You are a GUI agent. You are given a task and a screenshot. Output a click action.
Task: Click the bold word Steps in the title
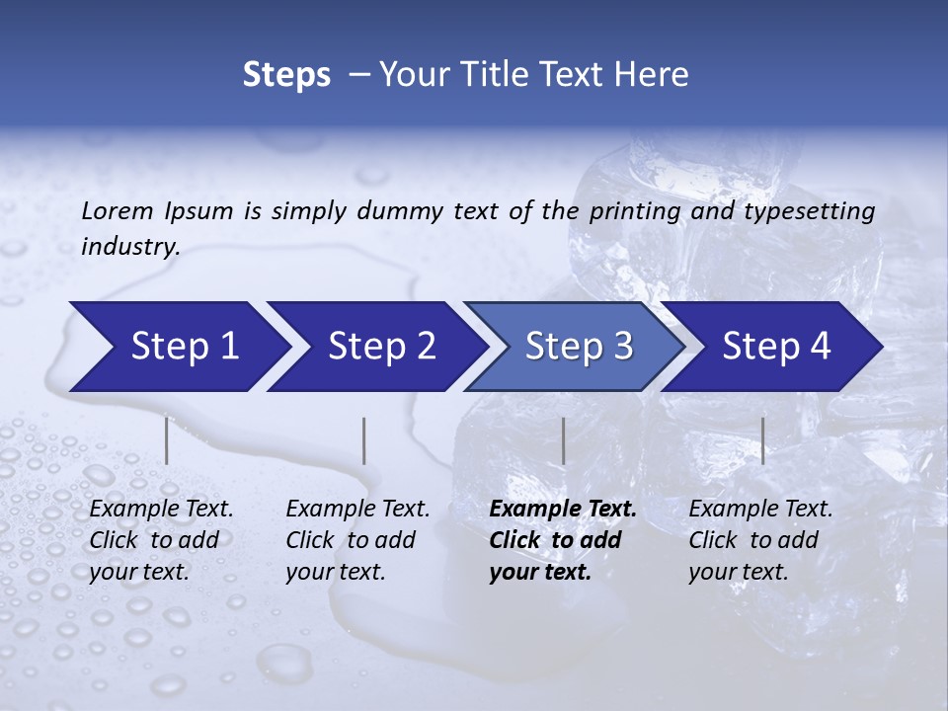coord(286,75)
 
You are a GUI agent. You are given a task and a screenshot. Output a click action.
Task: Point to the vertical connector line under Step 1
coord(167,440)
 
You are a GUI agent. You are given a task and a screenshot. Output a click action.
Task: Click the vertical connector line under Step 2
coord(364,440)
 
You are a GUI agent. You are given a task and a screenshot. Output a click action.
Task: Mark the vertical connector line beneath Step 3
coord(563,440)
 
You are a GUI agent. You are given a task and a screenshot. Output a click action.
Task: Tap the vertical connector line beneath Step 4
coord(762,440)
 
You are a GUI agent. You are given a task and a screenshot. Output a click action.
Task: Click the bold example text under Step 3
coord(562,540)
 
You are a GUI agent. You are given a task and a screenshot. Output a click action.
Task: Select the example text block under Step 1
coord(161,540)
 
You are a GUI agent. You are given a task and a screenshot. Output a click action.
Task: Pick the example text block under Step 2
coord(357,540)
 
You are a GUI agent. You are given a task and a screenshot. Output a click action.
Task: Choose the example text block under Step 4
coord(760,540)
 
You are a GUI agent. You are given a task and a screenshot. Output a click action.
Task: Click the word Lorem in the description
coord(118,210)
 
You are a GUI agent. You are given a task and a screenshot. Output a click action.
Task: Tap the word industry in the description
coord(129,247)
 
